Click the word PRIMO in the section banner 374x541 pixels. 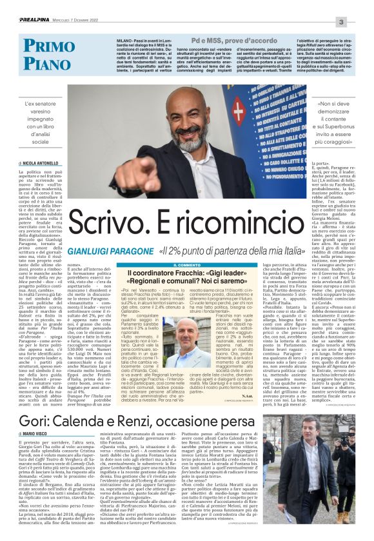pos(52,46)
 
